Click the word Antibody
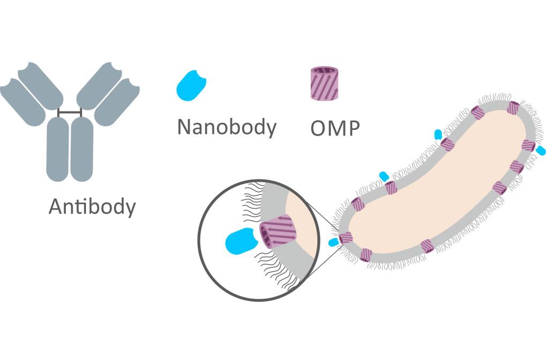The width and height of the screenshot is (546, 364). click(x=92, y=206)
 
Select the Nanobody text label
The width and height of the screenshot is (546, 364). click(x=226, y=127)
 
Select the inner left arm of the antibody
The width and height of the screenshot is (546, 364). click(x=42, y=86)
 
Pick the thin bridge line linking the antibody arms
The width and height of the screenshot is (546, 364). click(x=70, y=113)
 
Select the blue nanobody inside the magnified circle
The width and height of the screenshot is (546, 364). click(x=240, y=240)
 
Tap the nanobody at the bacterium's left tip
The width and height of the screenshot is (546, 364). click(x=334, y=242)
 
